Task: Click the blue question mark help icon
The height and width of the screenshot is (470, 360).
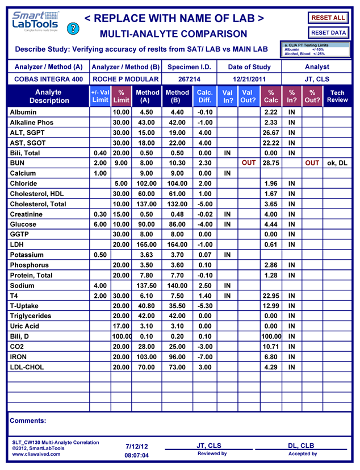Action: pos(72,28)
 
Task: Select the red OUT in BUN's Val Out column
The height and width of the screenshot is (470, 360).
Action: pos(249,163)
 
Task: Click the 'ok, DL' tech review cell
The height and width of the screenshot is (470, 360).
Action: pos(337,163)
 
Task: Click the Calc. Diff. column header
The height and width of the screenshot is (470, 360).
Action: pos(204,96)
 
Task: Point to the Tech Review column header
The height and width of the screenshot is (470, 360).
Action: pos(337,96)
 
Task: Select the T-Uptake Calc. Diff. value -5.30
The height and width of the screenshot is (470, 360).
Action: pos(204,306)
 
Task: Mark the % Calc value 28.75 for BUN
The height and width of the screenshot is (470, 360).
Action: pos(271,163)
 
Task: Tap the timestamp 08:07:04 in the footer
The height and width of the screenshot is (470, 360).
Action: pos(137,455)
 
